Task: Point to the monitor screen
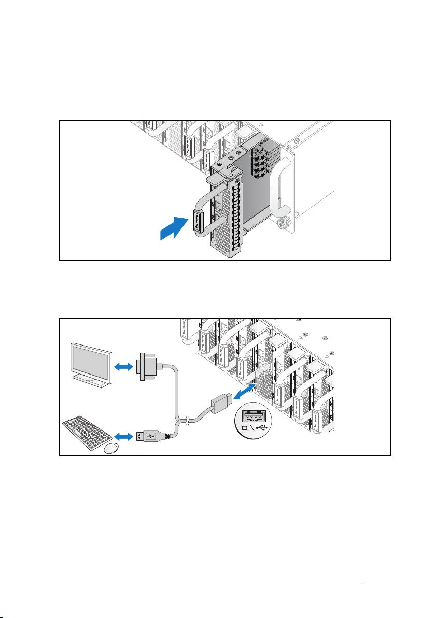point(91,361)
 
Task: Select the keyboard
point(86,429)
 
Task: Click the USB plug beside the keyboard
point(150,437)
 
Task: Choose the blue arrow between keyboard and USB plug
point(124,437)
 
